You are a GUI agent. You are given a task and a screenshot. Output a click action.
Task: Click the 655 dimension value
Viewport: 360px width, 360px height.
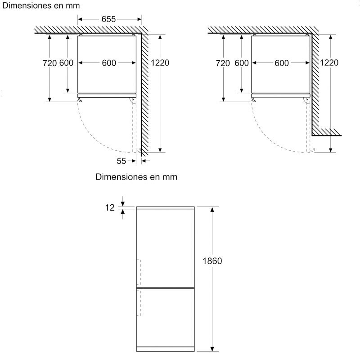click(108, 19)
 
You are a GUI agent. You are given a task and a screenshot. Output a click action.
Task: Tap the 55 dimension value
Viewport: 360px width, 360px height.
click(121, 161)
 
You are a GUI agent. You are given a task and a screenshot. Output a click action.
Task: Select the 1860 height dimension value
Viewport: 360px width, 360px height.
click(212, 261)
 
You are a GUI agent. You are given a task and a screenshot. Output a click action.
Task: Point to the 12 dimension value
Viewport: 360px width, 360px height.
click(110, 207)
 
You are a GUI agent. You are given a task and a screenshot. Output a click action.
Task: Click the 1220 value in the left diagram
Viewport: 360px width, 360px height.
click(160, 63)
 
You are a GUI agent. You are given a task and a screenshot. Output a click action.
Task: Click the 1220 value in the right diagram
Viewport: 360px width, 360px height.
click(329, 63)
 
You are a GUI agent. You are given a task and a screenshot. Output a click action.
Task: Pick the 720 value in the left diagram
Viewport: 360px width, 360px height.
click(49, 63)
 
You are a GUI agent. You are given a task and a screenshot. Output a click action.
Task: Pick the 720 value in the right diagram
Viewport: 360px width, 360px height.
click(223, 63)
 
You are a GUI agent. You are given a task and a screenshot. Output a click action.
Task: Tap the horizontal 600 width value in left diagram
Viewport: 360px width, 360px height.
click(109, 63)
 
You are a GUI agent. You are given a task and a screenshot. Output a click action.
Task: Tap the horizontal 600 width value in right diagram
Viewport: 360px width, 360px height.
click(282, 63)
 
